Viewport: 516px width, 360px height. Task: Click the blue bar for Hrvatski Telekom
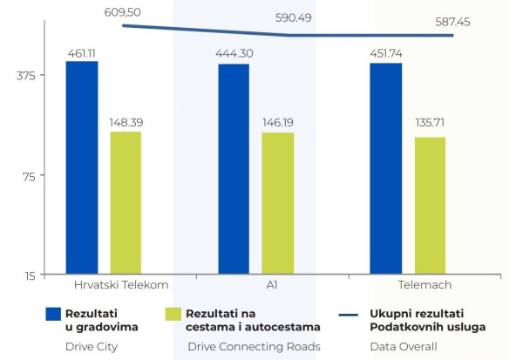82,168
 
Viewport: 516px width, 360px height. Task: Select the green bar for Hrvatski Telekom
126,203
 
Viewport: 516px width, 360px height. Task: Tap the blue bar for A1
234,170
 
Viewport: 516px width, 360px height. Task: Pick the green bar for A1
277,204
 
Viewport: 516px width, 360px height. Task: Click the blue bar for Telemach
386,169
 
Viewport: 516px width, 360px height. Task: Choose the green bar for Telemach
430,206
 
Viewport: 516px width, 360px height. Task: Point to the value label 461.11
82,53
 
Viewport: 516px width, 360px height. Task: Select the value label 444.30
234,54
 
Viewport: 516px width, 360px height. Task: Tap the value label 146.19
277,124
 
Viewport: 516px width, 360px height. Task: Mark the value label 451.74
386,54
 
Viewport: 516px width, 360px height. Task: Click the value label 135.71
430,127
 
